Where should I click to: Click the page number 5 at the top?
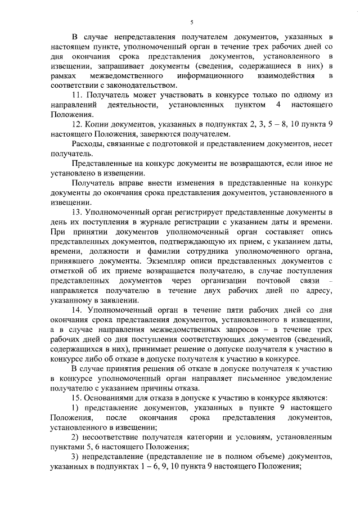point(191,22)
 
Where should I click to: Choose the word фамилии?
point(166,251)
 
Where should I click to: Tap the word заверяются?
point(163,134)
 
